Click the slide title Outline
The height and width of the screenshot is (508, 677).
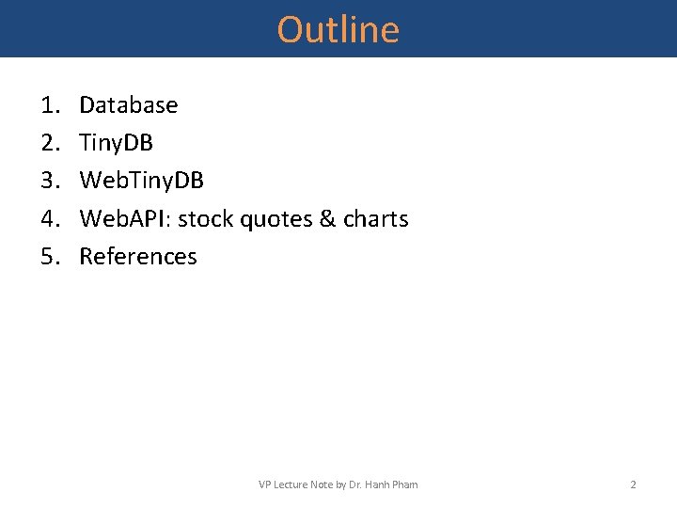(x=338, y=30)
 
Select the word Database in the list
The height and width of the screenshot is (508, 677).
(x=129, y=105)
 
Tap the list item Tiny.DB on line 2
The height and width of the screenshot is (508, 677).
(x=117, y=143)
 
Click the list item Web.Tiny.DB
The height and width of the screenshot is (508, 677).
(x=142, y=181)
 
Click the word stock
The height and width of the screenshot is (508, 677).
(x=200, y=219)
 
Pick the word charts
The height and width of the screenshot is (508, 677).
(x=376, y=219)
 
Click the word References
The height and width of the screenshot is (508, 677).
(x=138, y=257)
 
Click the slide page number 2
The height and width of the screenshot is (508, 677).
(x=633, y=484)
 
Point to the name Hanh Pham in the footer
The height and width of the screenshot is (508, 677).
(x=394, y=484)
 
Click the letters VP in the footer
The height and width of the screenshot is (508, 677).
(x=264, y=484)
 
